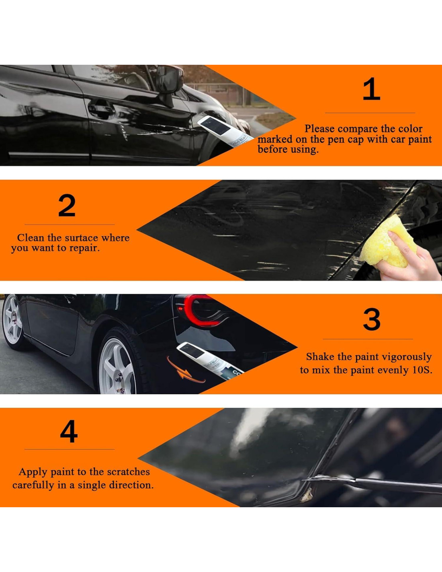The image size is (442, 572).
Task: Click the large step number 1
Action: pyautogui.click(x=372, y=89)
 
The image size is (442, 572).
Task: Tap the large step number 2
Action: pyautogui.click(x=67, y=205)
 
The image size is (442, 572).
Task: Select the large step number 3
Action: pyautogui.click(x=372, y=319)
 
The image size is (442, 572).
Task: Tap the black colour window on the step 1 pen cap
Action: pyautogui.click(x=216, y=126)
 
